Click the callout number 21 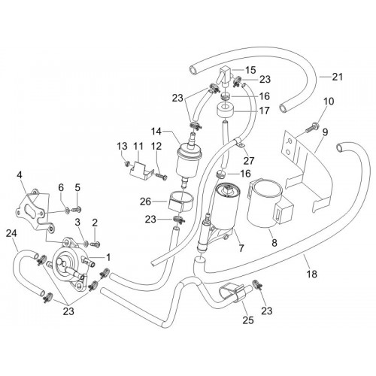tap(337, 77)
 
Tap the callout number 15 tap(250, 70)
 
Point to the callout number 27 tap(249, 161)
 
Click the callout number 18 tap(312, 274)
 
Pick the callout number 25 tap(248, 320)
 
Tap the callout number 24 tap(11, 233)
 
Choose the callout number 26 tap(146, 202)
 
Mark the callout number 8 tap(274, 243)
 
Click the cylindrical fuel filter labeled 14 tap(184, 160)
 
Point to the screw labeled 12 tap(161, 176)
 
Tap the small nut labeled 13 tap(128, 164)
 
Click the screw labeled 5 tap(77, 208)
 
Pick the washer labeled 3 tap(86, 243)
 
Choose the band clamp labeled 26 tap(181, 202)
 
